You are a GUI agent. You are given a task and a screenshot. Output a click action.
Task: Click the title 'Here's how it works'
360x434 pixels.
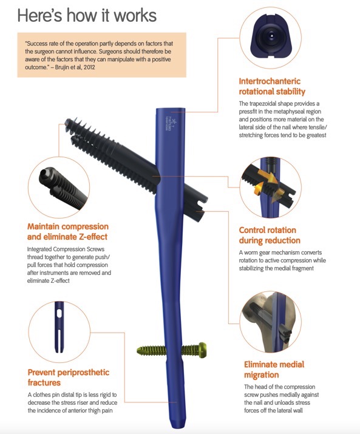(87, 15)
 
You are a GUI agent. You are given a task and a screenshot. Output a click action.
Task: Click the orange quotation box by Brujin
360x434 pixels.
(101, 55)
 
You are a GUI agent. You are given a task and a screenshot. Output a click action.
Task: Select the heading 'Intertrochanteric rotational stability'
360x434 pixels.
(272, 86)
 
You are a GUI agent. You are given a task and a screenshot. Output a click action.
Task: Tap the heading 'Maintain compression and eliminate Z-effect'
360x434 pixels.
(68, 231)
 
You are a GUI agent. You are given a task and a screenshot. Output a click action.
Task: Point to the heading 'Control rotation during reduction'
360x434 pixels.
(270, 235)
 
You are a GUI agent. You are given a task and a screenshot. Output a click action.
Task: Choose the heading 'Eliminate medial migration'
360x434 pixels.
(274, 369)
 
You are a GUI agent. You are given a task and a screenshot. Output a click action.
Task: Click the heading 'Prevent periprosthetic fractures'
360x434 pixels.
(69, 378)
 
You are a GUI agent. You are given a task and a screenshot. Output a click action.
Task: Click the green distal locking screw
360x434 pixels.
(171, 350)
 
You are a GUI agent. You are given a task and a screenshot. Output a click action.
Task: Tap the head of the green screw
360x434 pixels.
(202, 350)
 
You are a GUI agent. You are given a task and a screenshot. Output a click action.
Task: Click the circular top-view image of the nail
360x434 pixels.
(270, 38)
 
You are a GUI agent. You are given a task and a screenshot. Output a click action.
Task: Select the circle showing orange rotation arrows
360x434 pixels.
(270, 188)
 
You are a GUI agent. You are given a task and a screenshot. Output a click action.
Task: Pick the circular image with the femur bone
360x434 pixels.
(270, 322)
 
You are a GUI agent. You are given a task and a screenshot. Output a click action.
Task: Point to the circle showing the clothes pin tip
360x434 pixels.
(59, 331)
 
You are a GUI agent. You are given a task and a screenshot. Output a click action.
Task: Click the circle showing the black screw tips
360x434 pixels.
(59, 188)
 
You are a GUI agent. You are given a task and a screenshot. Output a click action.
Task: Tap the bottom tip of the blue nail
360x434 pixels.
(176, 428)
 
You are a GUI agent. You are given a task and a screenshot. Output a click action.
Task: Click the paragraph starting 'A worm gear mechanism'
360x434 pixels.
(282, 260)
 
